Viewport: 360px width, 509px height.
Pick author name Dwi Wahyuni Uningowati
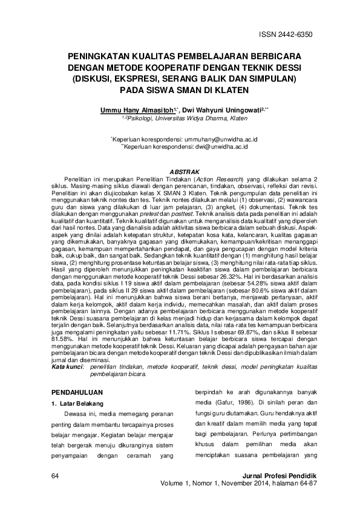pyautogui.click(x=217, y=111)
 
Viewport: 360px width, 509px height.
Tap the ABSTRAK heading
pyautogui.click(x=180, y=173)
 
